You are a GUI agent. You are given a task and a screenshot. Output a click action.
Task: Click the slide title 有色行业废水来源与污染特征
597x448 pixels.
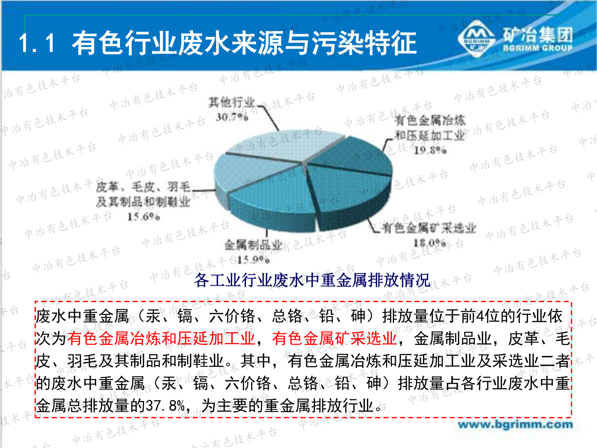[244, 43]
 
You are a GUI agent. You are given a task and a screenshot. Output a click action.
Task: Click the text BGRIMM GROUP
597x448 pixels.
[538, 48]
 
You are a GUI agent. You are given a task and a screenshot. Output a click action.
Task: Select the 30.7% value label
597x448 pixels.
[232, 117]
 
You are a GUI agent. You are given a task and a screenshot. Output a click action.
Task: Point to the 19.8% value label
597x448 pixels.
[430, 150]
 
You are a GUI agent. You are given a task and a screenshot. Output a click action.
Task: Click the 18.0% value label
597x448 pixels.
[430, 243]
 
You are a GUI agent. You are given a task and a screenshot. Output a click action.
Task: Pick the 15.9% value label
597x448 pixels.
[253, 260]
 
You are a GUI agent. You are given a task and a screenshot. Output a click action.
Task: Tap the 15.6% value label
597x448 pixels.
[144, 216]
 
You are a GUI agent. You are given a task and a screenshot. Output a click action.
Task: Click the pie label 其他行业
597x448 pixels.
[232, 102]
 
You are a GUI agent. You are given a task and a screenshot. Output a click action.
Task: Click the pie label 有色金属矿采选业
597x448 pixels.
[429, 228]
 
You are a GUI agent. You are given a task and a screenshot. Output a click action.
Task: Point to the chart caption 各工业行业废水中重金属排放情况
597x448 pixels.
[312, 280]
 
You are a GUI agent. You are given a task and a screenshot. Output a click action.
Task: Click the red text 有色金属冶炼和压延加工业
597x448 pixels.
[161, 338]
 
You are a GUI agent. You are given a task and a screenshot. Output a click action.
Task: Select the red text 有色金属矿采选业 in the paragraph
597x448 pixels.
[334, 338]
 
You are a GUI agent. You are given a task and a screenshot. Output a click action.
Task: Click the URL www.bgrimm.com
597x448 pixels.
[516, 424]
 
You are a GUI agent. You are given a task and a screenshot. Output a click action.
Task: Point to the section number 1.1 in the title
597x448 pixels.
[37, 43]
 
